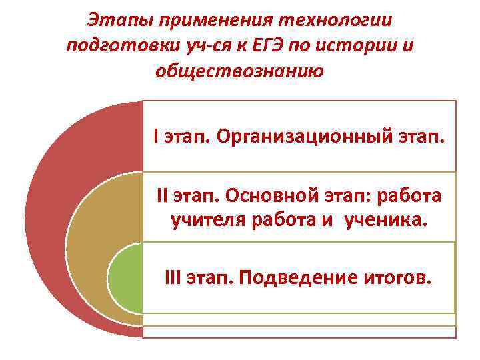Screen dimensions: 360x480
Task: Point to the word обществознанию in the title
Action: tap(239, 70)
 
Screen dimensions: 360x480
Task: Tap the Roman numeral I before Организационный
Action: tap(155, 138)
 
